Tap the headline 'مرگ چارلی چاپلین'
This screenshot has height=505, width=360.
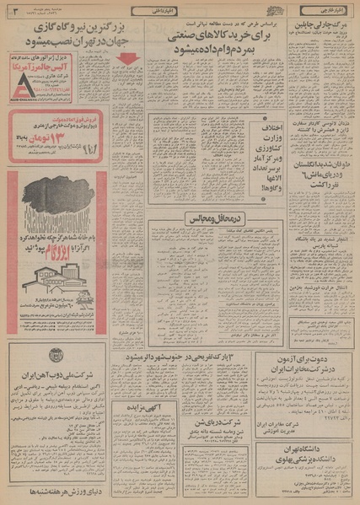pyautogui.click(x=324, y=25)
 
